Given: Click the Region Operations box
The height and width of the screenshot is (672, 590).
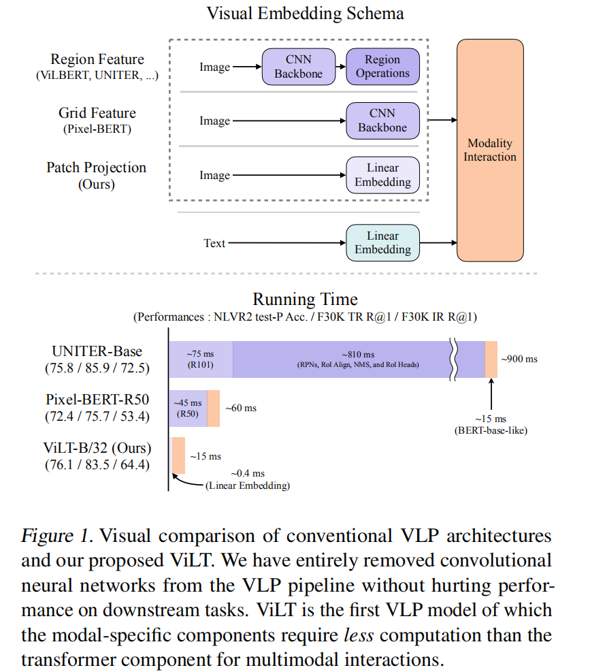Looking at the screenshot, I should pos(382,67).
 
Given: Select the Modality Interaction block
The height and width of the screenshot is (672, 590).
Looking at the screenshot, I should pos(490,150).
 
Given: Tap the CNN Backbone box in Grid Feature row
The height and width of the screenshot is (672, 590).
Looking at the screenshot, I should pos(382,121).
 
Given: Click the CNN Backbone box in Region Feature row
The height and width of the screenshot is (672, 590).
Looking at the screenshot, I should pos(298,67).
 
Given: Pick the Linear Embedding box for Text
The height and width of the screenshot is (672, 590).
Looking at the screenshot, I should pos(382,243).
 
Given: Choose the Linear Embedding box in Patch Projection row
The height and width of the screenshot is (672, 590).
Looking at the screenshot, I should pos(382,176).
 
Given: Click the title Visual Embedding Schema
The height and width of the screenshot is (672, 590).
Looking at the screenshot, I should pos(305,14).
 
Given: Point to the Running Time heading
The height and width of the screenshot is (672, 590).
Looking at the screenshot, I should pos(305,300).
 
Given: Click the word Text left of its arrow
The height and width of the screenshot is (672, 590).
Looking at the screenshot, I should pos(214,243).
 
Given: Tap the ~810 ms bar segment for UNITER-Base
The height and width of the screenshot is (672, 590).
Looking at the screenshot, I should pos(340,359).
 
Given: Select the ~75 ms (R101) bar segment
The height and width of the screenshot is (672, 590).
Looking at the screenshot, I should pos(201,359).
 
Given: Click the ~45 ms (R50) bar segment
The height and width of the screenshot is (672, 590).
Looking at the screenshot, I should pos(188,409).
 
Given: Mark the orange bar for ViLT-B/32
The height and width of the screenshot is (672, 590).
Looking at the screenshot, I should pos(178,455).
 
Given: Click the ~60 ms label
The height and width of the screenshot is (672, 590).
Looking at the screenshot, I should pos(241,409).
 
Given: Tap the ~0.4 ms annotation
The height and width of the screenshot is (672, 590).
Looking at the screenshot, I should pos(248,474).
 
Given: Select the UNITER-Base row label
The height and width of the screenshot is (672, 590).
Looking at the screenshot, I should pos(97,351).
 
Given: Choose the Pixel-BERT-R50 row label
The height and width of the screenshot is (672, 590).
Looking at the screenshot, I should pos(97,400).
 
